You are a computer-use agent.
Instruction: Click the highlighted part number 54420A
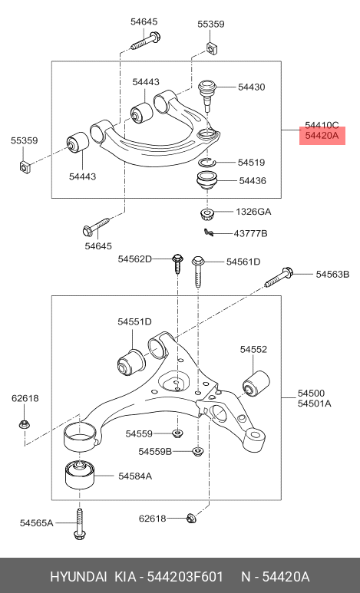point(322,135)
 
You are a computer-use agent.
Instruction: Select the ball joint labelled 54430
point(207,94)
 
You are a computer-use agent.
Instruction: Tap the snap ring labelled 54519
point(207,162)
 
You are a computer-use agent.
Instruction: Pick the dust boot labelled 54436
point(207,182)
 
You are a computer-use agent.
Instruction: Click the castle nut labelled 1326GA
point(206,214)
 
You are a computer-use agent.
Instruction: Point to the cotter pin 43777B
point(209,232)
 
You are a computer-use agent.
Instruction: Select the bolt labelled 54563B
point(279,277)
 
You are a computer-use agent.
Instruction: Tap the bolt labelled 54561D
point(198,271)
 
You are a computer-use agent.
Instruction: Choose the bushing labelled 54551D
point(131,362)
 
